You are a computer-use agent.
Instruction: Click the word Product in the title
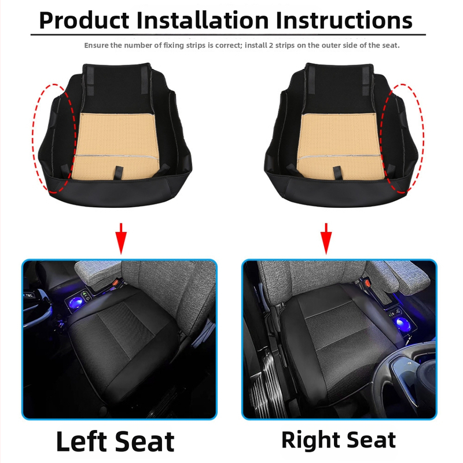(x=84, y=21)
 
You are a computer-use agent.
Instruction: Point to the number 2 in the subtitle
(x=270, y=46)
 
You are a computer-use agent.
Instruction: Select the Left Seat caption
(x=115, y=442)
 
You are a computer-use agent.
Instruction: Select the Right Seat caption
(x=339, y=440)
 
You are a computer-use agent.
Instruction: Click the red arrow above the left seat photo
(x=121, y=238)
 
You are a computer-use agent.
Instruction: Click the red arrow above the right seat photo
(x=326, y=238)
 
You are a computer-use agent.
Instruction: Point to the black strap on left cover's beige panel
(x=119, y=172)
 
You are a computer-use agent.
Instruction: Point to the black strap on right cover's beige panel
(x=337, y=173)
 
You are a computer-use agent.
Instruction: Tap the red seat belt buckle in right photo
(x=368, y=283)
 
